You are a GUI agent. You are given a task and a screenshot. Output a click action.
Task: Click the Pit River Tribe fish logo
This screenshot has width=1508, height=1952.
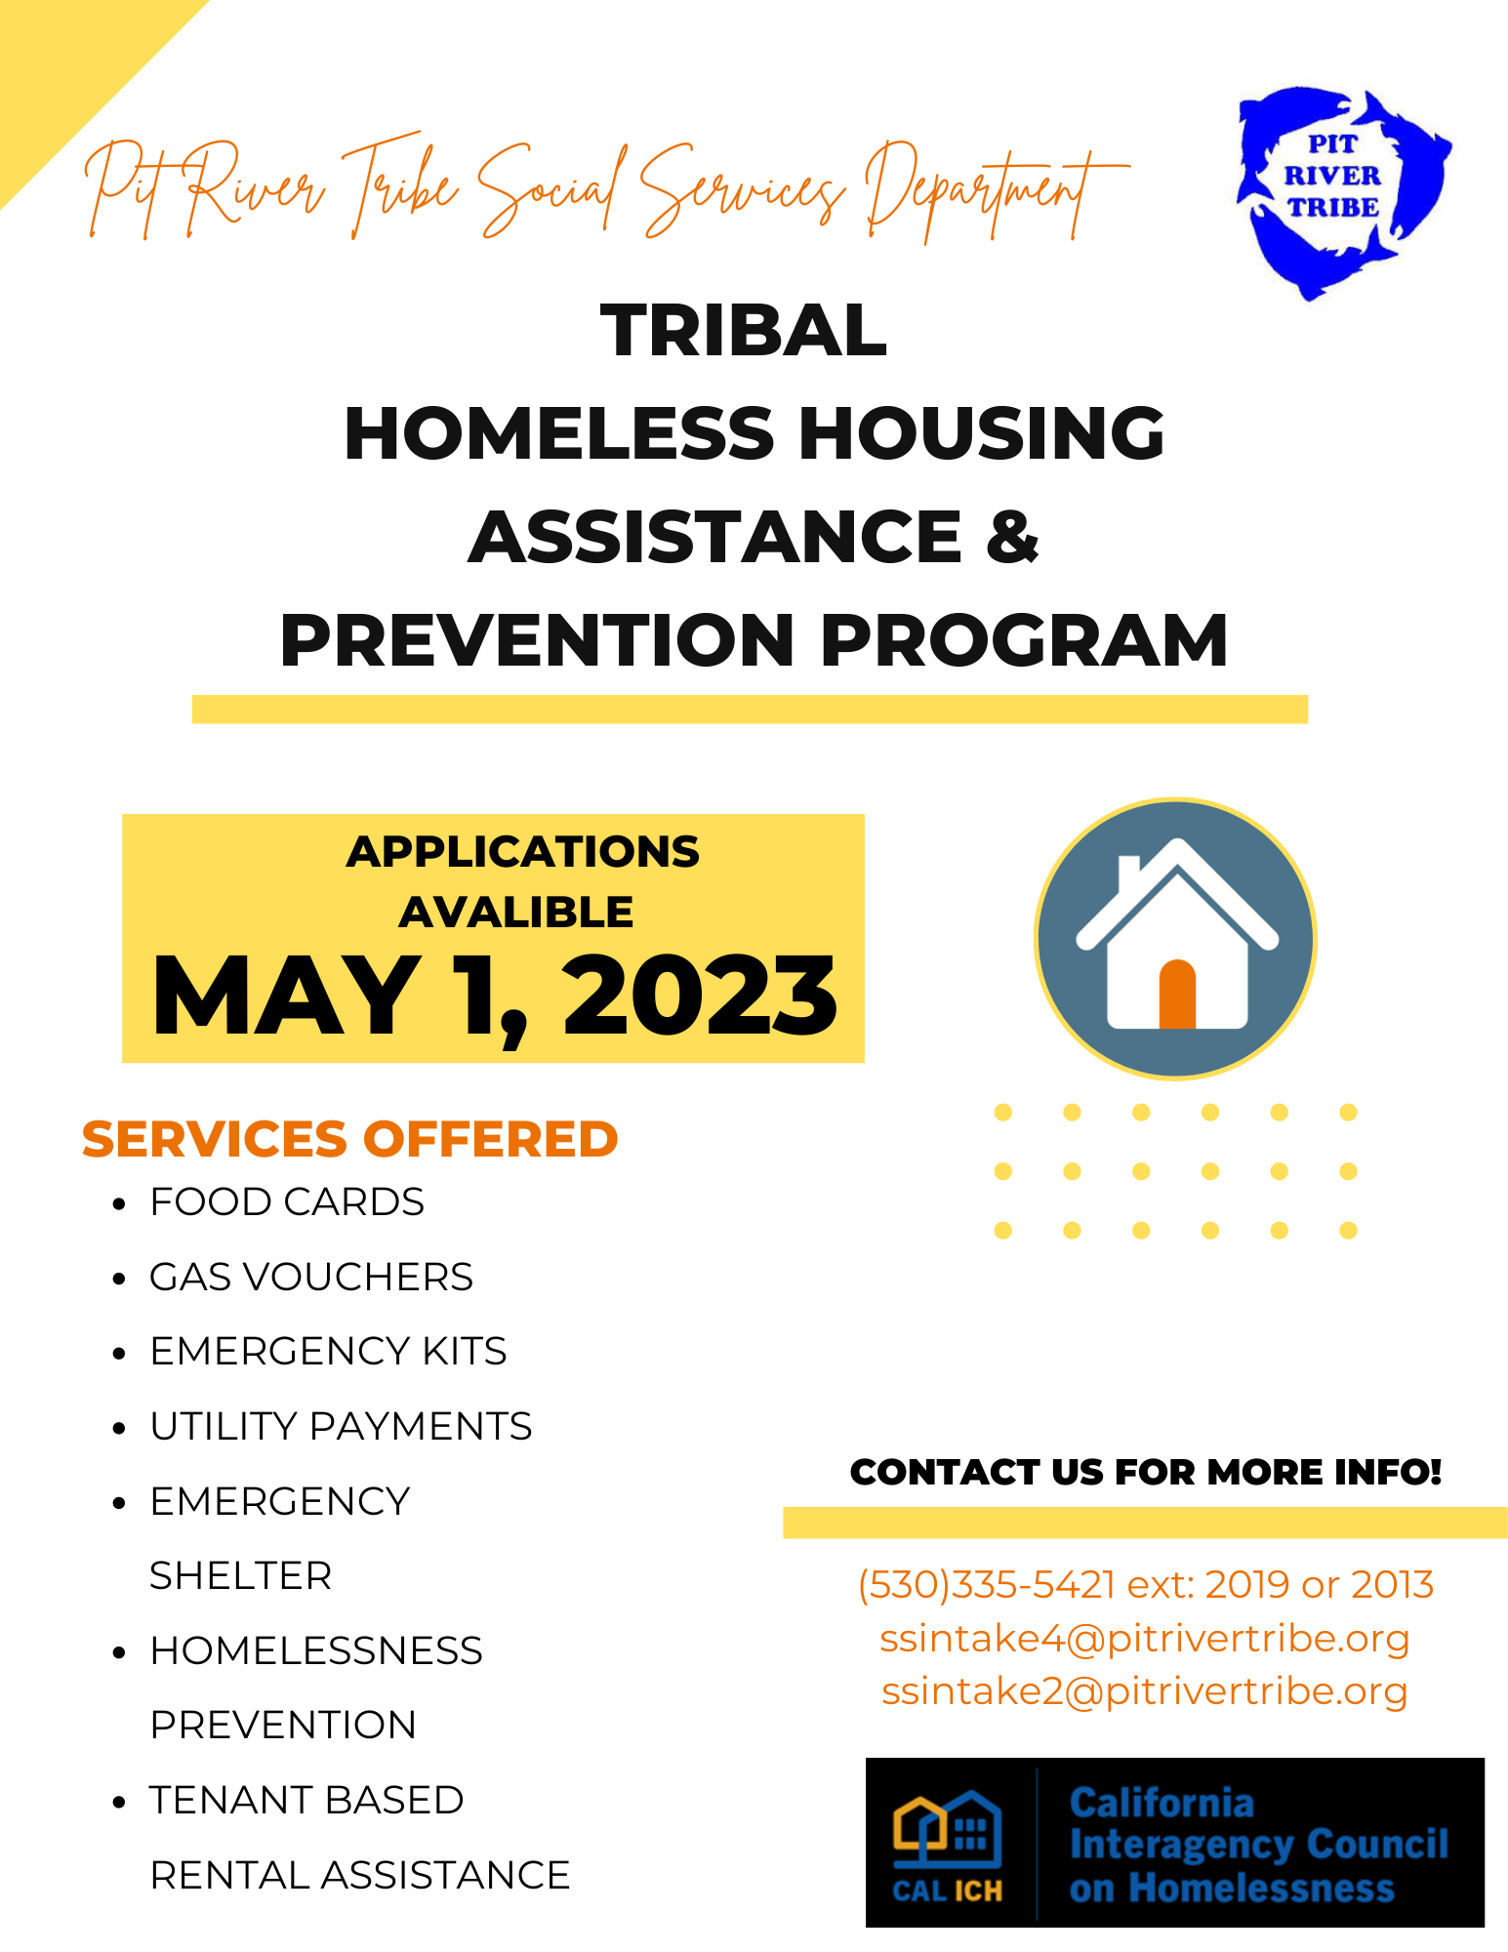pos(1339,191)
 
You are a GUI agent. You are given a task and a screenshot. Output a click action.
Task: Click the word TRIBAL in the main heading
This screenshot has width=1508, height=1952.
pos(744,331)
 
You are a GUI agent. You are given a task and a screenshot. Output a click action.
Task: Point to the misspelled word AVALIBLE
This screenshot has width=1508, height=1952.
pos(516,913)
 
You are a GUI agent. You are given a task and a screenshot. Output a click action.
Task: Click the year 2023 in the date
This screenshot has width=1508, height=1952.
pos(700,996)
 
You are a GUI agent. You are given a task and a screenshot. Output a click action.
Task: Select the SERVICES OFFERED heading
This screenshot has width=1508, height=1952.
pos(349,1139)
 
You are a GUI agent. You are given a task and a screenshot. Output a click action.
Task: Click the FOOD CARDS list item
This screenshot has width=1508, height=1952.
pos(287,1202)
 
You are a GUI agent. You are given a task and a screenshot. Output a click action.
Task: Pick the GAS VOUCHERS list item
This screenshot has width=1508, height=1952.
pos(310,1278)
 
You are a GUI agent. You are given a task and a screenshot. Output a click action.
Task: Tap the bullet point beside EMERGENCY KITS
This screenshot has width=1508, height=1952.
pos(119,1354)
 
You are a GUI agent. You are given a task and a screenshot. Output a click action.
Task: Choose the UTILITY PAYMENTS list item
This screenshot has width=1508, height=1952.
pos(341,1427)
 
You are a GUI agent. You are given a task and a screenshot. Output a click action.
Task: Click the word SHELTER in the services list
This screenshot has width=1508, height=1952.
pos(240,1576)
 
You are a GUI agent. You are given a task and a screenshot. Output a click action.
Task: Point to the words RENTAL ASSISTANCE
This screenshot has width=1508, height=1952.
pos(359,1875)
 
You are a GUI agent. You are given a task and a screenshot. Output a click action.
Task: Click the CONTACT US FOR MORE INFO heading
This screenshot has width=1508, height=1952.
pos(1145,1472)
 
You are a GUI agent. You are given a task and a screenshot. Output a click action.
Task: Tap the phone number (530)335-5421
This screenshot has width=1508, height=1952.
pos(986,1585)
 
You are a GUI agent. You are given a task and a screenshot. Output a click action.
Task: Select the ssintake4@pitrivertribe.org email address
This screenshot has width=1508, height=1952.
pos(1144,1639)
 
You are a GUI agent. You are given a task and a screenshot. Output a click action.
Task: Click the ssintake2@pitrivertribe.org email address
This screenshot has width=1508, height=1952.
pos(1144,1691)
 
